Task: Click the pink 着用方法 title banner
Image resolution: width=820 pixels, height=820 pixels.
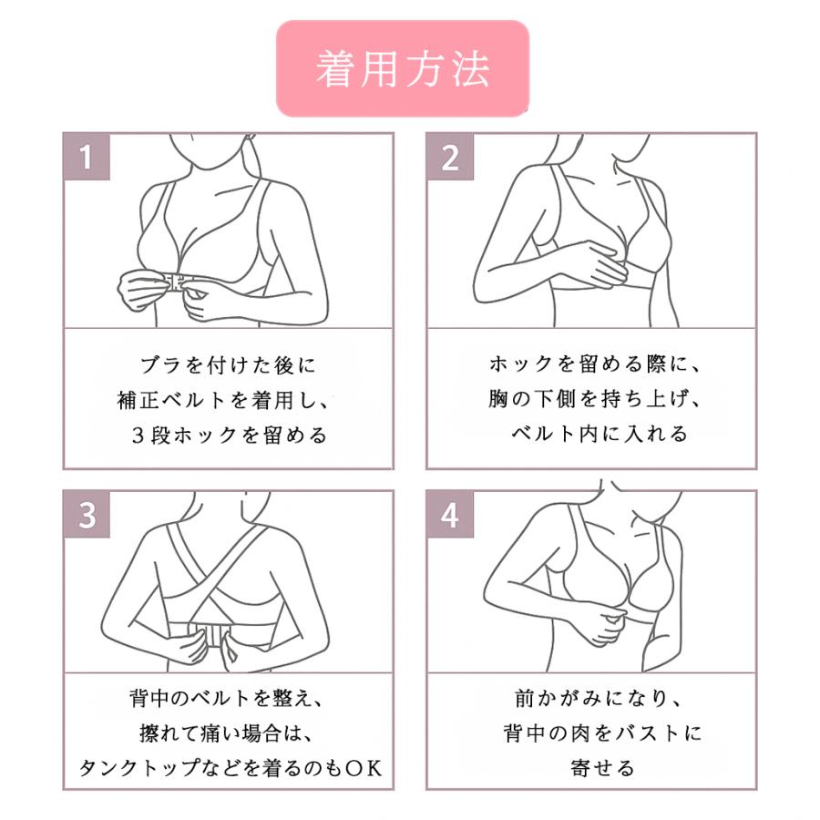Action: [403, 68]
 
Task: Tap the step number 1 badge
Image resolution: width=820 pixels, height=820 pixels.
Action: [87, 157]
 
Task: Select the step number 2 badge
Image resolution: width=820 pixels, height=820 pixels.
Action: [450, 157]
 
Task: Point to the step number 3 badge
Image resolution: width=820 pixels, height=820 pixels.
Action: [87, 515]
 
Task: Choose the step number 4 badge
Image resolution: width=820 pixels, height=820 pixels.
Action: [450, 515]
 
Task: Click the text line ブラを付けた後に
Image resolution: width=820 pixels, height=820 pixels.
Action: [228, 365]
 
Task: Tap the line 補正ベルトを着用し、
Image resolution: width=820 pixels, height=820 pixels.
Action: [223, 400]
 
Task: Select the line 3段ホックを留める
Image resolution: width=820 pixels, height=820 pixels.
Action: [229, 435]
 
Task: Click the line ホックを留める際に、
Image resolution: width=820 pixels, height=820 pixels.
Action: [595, 364]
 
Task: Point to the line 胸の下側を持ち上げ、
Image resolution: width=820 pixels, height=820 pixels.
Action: [595, 399]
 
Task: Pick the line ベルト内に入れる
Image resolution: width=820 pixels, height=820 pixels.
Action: [600, 434]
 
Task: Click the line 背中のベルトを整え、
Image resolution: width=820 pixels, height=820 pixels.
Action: [226, 698]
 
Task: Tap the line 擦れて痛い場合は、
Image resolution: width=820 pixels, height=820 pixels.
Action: [226, 733]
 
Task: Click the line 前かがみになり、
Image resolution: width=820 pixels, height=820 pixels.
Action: [599, 698]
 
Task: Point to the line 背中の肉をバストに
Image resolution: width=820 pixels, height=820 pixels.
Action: [602, 733]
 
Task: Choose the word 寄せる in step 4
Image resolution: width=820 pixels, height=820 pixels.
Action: [602, 768]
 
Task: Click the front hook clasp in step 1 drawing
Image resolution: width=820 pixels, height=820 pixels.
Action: [177, 282]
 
